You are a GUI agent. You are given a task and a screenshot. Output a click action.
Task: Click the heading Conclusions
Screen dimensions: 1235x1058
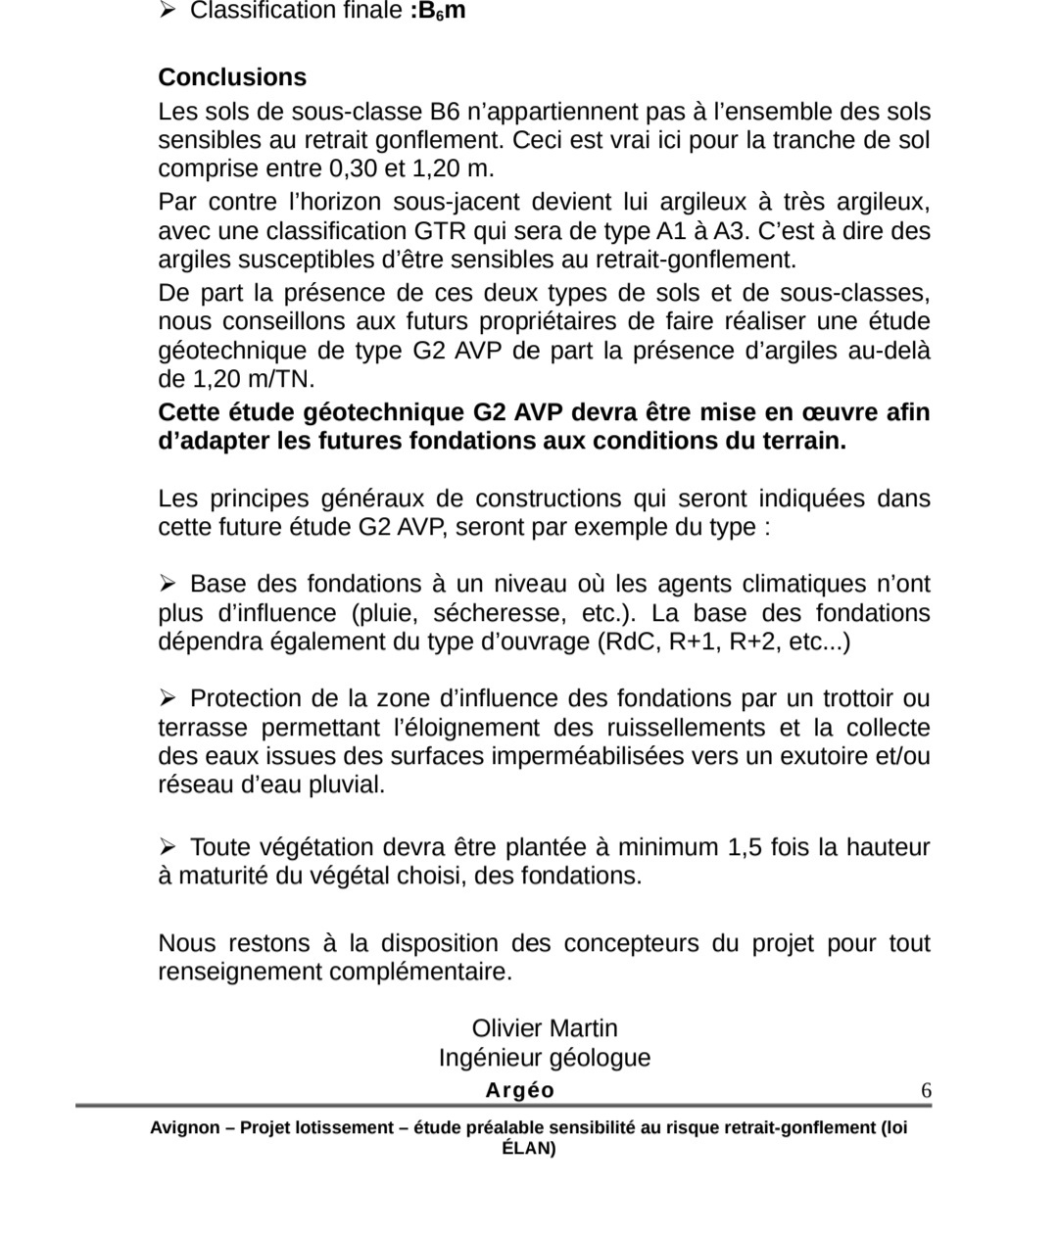pyautogui.click(x=232, y=77)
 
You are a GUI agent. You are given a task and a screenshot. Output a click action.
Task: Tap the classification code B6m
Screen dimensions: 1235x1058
pyautogui.click(x=438, y=12)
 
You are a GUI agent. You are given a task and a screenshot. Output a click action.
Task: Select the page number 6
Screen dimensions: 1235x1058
pyautogui.click(x=926, y=1091)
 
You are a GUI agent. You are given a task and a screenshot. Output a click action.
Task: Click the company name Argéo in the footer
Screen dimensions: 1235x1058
pyautogui.click(x=519, y=1091)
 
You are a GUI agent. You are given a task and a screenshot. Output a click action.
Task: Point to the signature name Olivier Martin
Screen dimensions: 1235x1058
pyautogui.click(x=545, y=1028)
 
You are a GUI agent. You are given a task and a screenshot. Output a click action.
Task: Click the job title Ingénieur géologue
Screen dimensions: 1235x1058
pyautogui.click(x=545, y=1058)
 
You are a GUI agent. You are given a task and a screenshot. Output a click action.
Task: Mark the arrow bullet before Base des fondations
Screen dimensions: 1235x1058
pyautogui.click(x=168, y=584)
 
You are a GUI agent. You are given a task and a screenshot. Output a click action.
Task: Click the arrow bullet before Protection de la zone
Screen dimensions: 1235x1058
pyautogui.click(x=168, y=698)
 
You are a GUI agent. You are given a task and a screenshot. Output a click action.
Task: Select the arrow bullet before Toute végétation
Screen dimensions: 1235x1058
pyautogui.click(x=168, y=846)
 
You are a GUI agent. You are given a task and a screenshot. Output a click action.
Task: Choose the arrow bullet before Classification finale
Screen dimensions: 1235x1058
pyautogui.click(x=168, y=11)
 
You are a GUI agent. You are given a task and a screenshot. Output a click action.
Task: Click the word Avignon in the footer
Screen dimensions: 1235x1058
pyautogui.click(x=185, y=1127)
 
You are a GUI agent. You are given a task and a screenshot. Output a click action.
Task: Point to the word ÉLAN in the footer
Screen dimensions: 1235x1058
pyautogui.click(x=527, y=1149)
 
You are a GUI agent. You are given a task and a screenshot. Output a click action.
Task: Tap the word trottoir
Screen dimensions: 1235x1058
pyautogui.click(x=859, y=699)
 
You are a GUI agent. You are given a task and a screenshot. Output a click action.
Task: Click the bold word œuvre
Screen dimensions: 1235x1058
pyautogui.click(x=842, y=412)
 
